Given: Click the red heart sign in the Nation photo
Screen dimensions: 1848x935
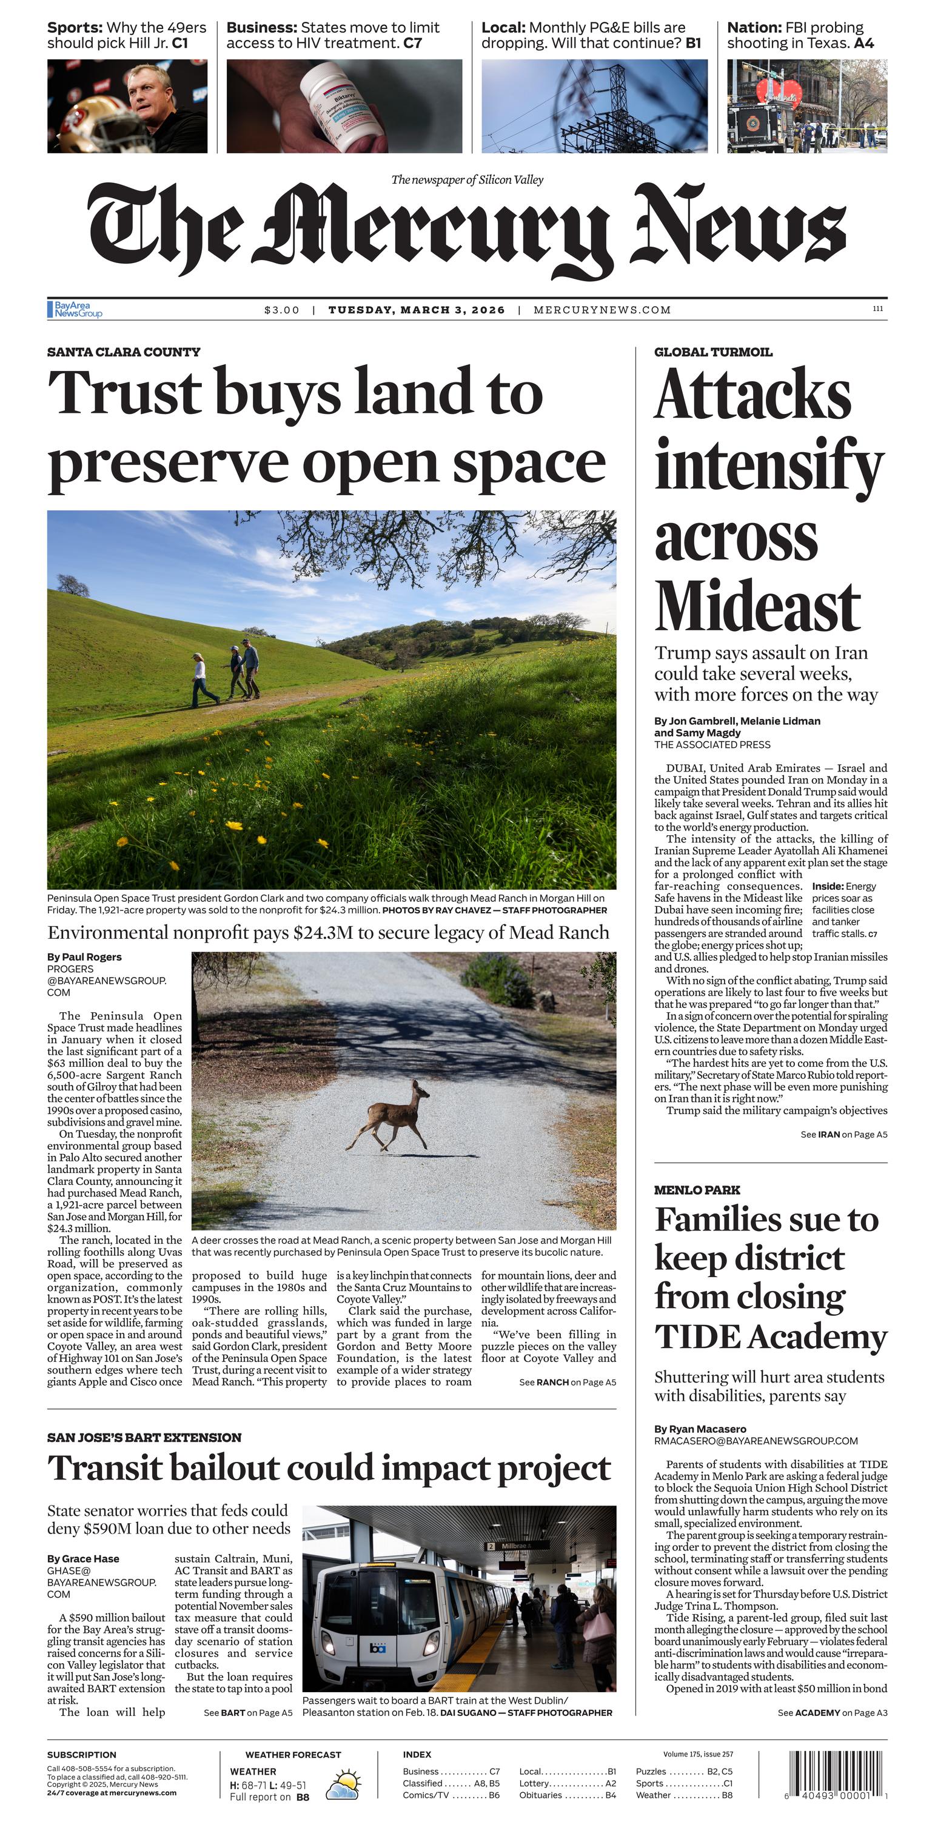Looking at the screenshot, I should [778, 93].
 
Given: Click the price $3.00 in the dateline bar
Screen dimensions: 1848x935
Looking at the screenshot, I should [281, 310].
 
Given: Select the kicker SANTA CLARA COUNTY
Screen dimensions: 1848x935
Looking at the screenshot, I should [124, 352].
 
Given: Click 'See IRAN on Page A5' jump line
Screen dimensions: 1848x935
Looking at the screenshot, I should [843, 1134].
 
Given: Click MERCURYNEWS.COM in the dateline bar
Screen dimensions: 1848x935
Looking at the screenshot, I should [602, 310].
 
